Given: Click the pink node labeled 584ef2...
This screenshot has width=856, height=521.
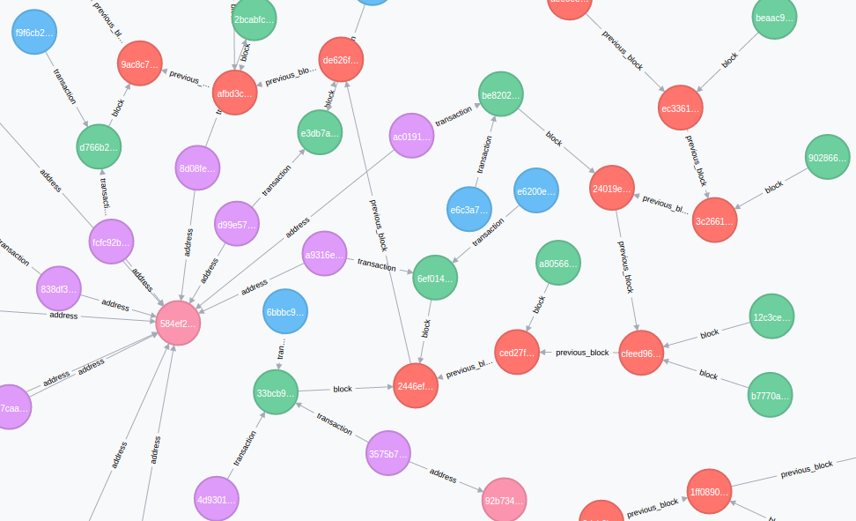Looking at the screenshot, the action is (179, 324).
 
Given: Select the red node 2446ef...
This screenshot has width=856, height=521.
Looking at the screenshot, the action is (416, 386).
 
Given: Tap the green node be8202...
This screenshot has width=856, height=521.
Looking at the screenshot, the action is (501, 94).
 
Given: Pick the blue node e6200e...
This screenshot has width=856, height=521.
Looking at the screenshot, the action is (536, 191).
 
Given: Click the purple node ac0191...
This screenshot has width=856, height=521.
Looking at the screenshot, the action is (412, 137).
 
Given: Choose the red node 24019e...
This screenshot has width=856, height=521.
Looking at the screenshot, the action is (612, 189).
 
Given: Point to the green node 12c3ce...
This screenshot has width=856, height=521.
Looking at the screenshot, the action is (772, 317).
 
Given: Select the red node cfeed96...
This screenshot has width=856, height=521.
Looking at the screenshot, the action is (641, 354).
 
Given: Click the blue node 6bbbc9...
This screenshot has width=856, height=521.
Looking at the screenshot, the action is (285, 312).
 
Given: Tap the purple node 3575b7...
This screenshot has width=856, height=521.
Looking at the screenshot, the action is (388, 454).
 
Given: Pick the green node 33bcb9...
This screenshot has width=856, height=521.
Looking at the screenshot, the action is (276, 392).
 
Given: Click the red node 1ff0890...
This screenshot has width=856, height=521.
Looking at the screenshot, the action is (709, 492).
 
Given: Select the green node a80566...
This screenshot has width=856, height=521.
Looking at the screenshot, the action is (559, 264).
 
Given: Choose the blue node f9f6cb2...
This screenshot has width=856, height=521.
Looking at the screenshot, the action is (34, 33).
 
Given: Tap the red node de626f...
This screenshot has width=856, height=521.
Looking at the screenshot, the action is (341, 60).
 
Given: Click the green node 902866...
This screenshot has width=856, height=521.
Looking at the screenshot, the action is (828, 158).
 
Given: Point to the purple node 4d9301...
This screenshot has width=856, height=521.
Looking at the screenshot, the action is (217, 499).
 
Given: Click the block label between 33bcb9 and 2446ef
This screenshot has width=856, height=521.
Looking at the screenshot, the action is (343, 389).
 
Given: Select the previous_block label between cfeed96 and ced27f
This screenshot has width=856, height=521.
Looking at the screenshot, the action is (582, 353).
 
